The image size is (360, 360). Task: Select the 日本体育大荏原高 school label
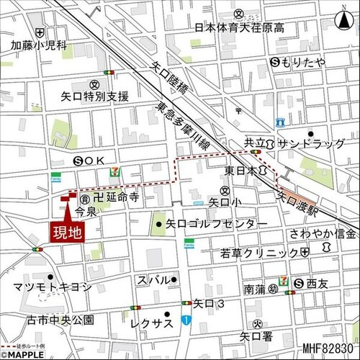239,28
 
